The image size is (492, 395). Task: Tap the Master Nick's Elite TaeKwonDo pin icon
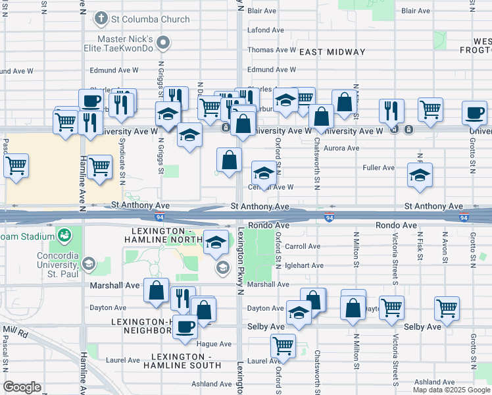(166, 43)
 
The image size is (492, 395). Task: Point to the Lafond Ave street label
(266, 30)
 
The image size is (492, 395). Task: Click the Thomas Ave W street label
(271, 50)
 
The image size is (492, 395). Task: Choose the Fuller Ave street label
(378, 168)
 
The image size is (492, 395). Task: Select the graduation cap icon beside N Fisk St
(420, 175)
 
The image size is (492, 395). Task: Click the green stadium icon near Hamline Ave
(64, 235)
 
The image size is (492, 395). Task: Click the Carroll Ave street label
(303, 246)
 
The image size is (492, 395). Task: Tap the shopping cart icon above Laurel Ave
(283, 344)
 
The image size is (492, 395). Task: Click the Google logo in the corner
(22, 387)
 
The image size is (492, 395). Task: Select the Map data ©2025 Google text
(451, 390)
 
